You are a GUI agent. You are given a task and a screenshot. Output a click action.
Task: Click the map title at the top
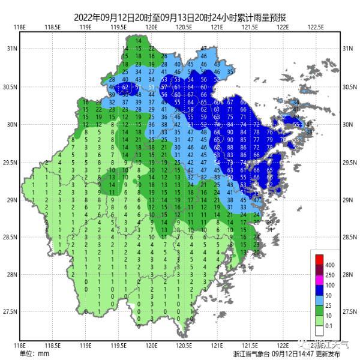click(180, 18)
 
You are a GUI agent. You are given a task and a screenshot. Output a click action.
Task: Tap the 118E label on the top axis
click(21, 27)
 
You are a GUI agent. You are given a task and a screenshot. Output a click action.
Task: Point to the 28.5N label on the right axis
click(350, 237)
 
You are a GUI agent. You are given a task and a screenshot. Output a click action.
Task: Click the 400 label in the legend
click(331, 265)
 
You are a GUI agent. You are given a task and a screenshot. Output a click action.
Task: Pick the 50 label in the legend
click(329, 296)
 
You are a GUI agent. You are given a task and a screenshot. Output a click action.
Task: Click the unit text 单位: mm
click(34, 353)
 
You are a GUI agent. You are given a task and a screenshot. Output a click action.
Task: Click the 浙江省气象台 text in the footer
click(251, 354)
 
